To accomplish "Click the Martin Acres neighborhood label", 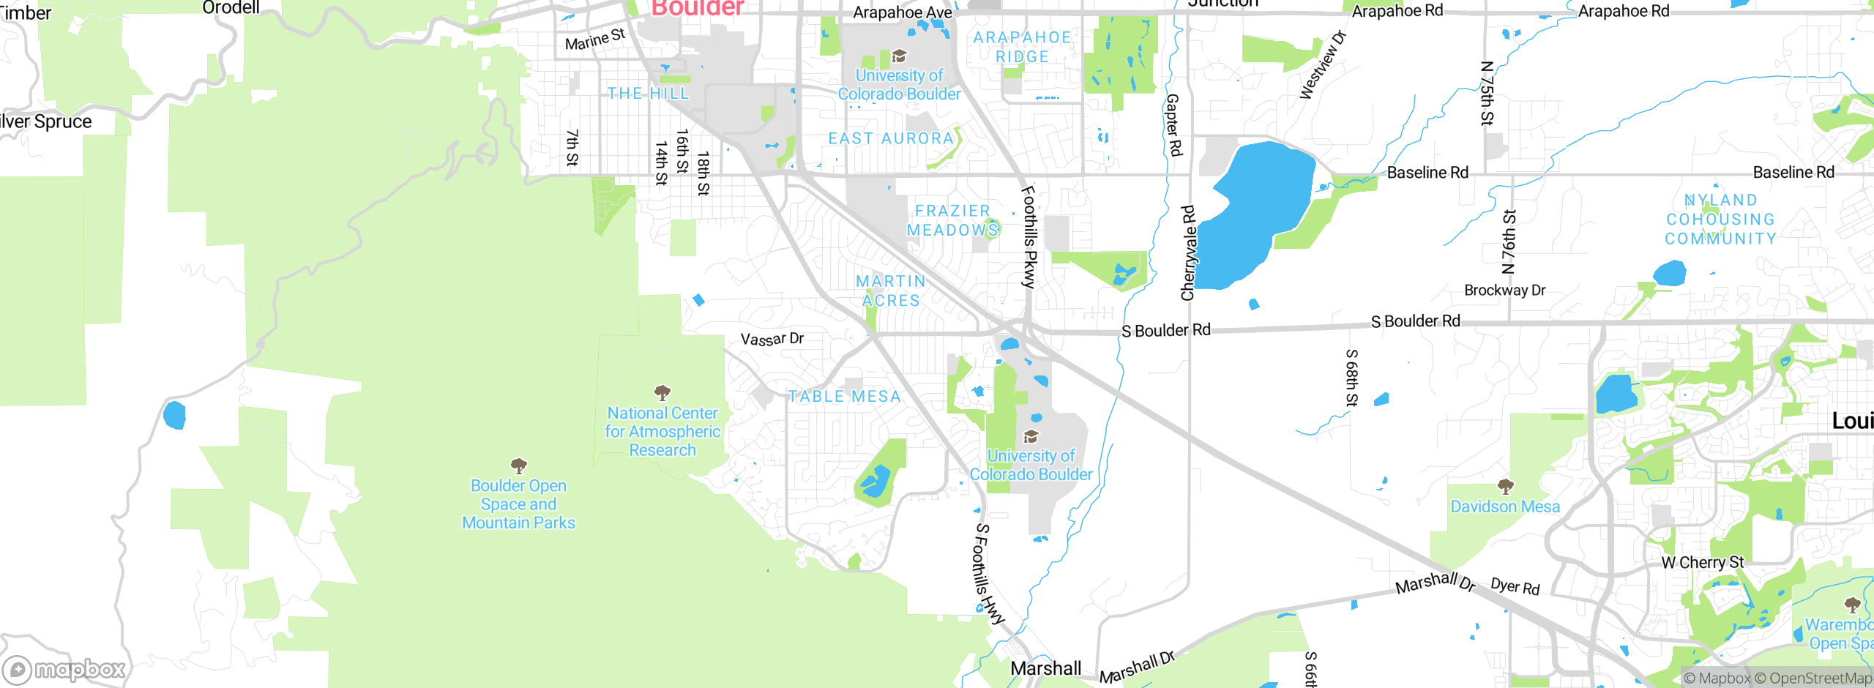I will tap(890, 291).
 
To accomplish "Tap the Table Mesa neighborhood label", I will tap(844, 397).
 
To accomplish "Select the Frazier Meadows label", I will tap(952, 220).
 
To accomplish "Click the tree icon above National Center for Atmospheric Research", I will tap(662, 392).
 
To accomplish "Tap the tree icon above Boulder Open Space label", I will tap(519, 465).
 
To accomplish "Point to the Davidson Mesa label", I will tap(1505, 506).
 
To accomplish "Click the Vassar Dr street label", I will tap(772, 339).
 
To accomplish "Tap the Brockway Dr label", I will tap(1504, 290).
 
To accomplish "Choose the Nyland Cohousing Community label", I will tap(1720, 220).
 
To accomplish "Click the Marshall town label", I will tap(1045, 668).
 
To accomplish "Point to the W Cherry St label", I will tap(1703, 562).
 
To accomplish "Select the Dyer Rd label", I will tap(1515, 586).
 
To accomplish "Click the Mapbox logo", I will tap(64, 670).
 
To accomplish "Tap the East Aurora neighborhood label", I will tap(891, 138).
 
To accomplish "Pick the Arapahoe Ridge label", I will tap(1022, 47).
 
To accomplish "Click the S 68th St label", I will tap(1351, 378).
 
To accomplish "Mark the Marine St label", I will tap(595, 40).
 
